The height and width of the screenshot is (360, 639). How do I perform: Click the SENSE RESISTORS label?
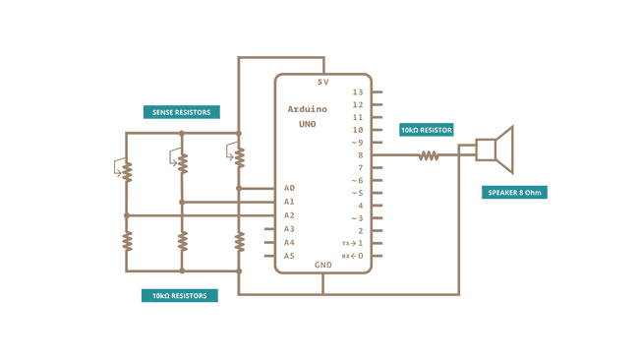182,112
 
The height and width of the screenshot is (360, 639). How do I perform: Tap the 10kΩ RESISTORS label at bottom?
180,295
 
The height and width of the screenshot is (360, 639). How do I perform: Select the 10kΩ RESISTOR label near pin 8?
427,129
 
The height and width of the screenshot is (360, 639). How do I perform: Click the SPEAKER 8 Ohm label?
513,193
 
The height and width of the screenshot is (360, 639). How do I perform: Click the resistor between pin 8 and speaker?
429,155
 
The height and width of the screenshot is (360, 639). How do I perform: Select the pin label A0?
289,188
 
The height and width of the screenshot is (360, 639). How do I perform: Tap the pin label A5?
289,256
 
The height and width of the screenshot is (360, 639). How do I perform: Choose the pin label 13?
358,92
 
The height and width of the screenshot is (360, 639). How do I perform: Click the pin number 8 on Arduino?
360,155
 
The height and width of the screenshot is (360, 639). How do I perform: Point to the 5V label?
322,82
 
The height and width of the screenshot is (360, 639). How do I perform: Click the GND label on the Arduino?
322,265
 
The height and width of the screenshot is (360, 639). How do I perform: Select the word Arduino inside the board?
308,109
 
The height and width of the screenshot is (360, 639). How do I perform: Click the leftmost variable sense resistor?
126,170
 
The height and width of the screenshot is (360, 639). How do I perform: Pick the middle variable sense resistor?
182,160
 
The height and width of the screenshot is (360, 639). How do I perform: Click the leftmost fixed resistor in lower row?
126,241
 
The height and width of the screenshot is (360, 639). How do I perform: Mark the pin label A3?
289,228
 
